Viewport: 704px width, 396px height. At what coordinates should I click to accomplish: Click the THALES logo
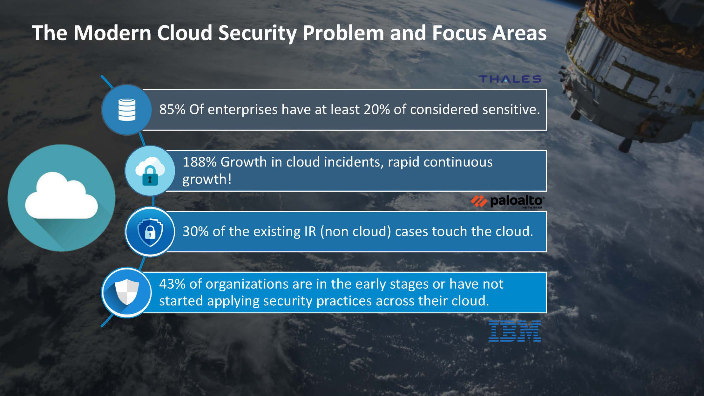click(x=510, y=79)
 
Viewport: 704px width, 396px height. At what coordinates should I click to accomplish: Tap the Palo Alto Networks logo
click(x=507, y=201)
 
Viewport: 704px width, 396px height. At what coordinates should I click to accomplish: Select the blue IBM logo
click(x=514, y=331)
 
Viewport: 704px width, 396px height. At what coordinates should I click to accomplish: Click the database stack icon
click(x=127, y=110)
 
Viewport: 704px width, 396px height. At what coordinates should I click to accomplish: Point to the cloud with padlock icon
click(x=150, y=171)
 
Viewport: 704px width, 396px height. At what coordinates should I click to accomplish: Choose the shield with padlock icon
click(x=150, y=232)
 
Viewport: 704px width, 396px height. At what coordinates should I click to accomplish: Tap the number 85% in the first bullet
click(x=172, y=109)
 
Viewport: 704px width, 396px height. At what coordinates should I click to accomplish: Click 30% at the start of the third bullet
click(x=195, y=231)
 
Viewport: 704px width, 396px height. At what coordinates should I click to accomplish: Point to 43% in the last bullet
click(x=172, y=284)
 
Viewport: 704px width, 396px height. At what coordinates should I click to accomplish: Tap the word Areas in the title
click(x=519, y=33)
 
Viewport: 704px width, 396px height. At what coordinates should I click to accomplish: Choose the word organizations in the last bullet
click(x=247, y=284)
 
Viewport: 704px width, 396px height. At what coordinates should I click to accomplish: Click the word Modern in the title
click(x=112, y=33)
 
